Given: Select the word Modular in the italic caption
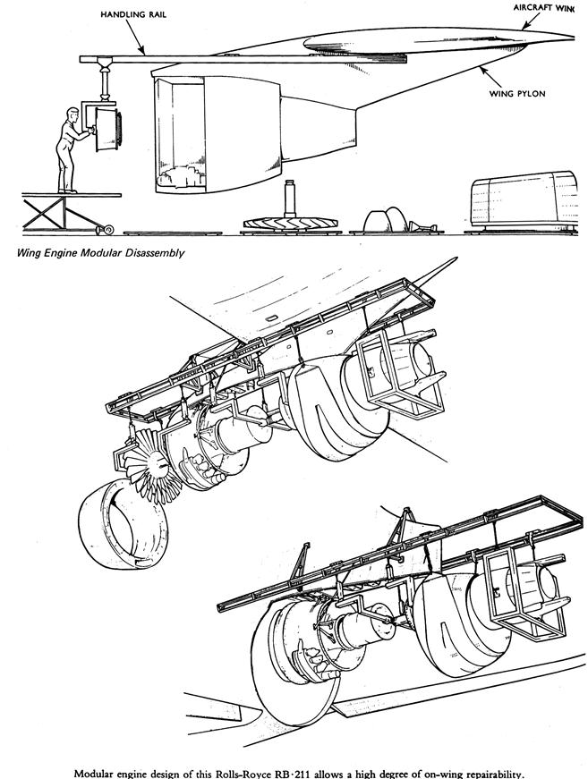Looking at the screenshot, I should click(x=91, y=253).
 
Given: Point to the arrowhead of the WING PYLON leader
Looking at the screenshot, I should click(x=480, y=67).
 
